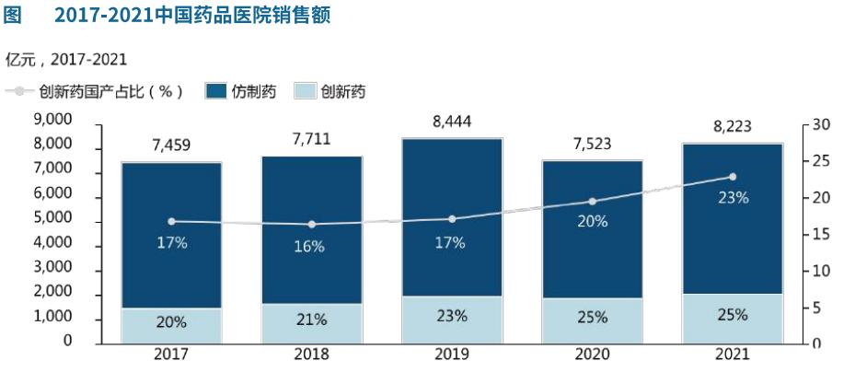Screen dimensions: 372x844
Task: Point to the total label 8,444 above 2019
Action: [451, 120]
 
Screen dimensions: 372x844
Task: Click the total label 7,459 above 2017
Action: [172, 145]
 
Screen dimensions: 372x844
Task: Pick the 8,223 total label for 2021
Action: [733, 125]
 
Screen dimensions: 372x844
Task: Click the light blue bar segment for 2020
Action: [592, 320]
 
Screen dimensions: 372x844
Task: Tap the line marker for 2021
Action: [733, 176]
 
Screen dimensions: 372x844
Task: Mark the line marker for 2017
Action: [172, 221]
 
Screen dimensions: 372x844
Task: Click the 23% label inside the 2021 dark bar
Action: [733, 197]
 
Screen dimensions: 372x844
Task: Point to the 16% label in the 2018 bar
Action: [310, 246]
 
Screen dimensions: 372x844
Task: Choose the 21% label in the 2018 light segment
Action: [310, 320]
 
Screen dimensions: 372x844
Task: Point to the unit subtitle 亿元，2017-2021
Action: [66, 60]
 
